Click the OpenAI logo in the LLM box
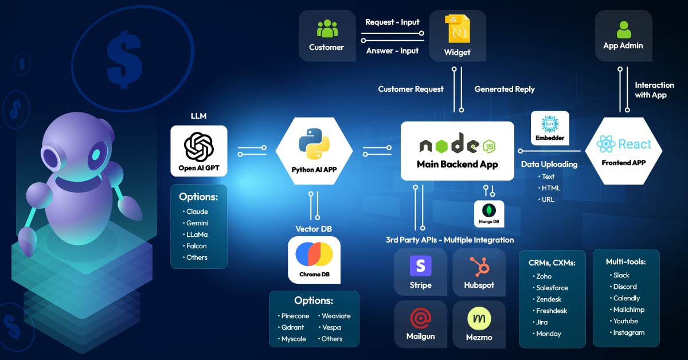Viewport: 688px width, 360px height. pos(199,147)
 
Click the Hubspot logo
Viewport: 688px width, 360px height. pos(479,266)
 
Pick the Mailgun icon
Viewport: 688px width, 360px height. pos(420,318)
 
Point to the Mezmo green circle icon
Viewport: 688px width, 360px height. pos(479,319)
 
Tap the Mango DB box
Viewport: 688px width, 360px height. pos(489,213)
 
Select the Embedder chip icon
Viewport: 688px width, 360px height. pos(550,124)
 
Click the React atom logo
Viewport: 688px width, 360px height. pos(606,144)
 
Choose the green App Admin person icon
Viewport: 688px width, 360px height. pos(623,29)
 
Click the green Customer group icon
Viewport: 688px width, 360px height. pos(327,29)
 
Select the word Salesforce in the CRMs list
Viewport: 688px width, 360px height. pos(552,288)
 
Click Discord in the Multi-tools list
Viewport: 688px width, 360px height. pos(625,287)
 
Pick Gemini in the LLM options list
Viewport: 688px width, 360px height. pos(197,223)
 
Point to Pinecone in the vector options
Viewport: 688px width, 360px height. pos(295,316)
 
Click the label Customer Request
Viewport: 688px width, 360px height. pos(411,89)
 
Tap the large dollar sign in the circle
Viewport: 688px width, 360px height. pos(124,56)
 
